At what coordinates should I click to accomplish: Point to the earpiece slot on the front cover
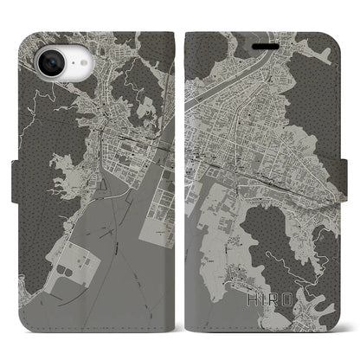(265, 36)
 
